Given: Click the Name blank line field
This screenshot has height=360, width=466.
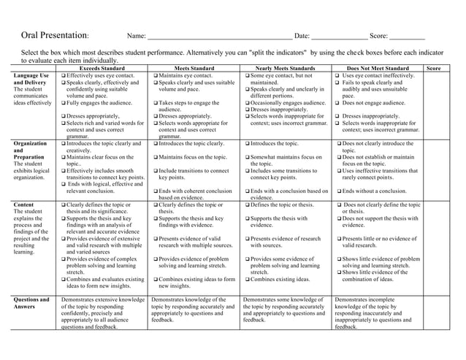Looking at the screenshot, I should pyautogui.click(x=218, y=38).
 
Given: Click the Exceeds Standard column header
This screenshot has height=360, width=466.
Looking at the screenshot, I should pyautogui.click(x=102, y=69).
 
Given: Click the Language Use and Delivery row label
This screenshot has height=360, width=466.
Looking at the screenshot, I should pyautogui.click(x=30, y=80).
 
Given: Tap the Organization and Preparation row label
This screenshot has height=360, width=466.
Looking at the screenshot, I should pyautogui.click(x=30, y=150).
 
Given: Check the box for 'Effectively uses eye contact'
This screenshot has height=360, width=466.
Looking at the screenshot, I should pyautogui.click(x=64, y=76).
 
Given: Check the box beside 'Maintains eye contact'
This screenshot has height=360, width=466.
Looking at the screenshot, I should pyautogui.click(x=156, y=76).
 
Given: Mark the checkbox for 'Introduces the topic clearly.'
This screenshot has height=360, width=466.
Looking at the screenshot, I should pyautogui.click(x=156, y=144).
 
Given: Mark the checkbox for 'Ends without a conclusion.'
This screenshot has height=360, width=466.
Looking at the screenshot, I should pyautogui.click(x=340, y=191).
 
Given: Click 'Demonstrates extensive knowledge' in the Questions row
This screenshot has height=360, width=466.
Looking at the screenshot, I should pyautogui.click(x=102, y=299).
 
